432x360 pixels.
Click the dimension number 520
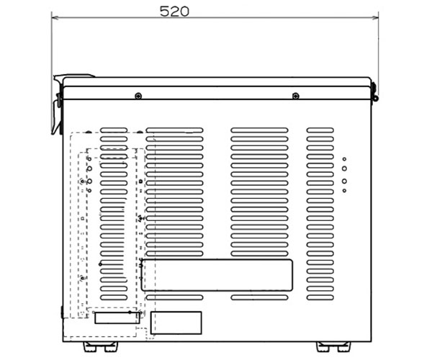click(x=174, y=12)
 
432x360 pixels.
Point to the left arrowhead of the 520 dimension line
click(x=55, y=17)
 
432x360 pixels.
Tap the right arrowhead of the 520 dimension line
click(x=375, y=17)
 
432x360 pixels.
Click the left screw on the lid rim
click(x=138, y=96)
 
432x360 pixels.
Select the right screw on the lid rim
click(x=296, y=96)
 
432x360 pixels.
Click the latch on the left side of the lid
click(x=58, y=104)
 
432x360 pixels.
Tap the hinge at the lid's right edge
click(x=374, y=91)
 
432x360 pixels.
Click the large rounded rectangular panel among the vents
click(x=217, y=275)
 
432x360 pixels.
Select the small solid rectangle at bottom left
click(x=117, y=318)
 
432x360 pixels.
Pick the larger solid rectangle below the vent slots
click(x=176, y=323)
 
